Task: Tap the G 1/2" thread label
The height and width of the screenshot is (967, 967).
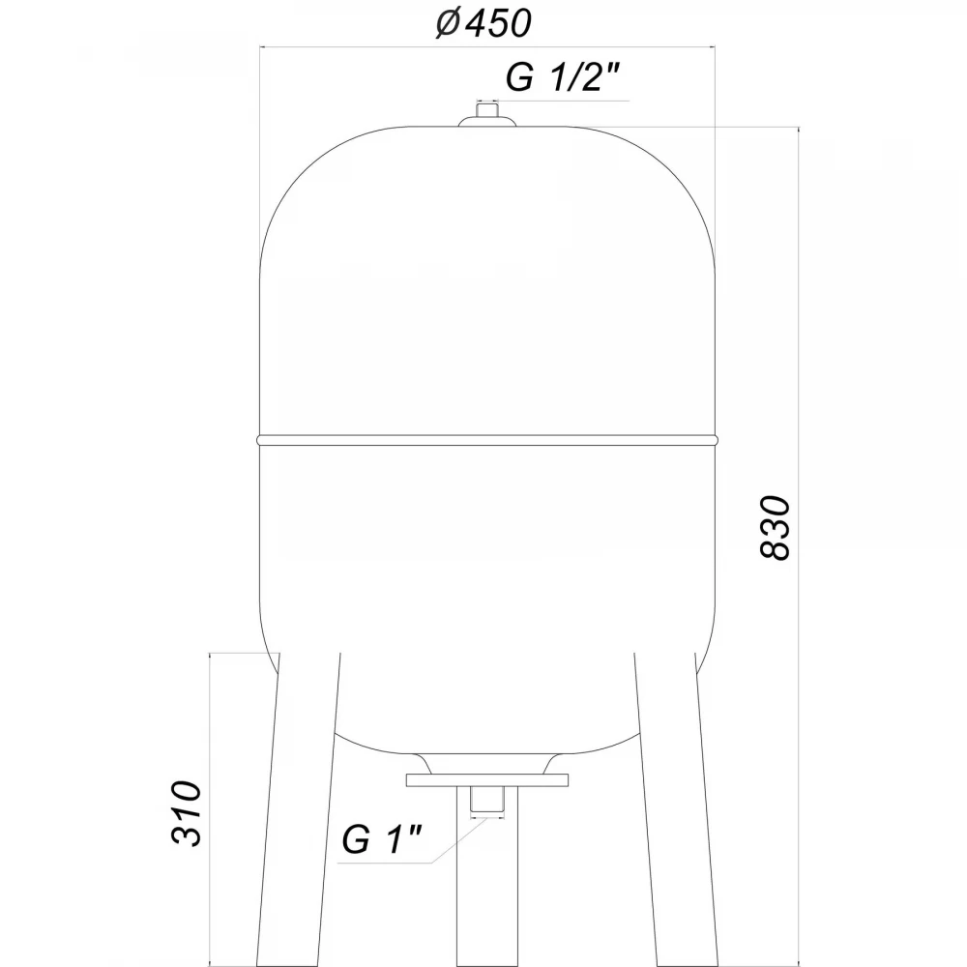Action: tap(562, 77)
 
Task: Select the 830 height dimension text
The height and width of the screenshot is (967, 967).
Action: tap(775, 528)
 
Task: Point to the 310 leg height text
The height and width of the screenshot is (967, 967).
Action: tap(187, 813)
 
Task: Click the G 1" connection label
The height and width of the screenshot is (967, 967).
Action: tap(382, 839)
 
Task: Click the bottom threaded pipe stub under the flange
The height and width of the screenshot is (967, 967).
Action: tap(487, 801)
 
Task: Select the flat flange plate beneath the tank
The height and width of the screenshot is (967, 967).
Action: tap(487, 780)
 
